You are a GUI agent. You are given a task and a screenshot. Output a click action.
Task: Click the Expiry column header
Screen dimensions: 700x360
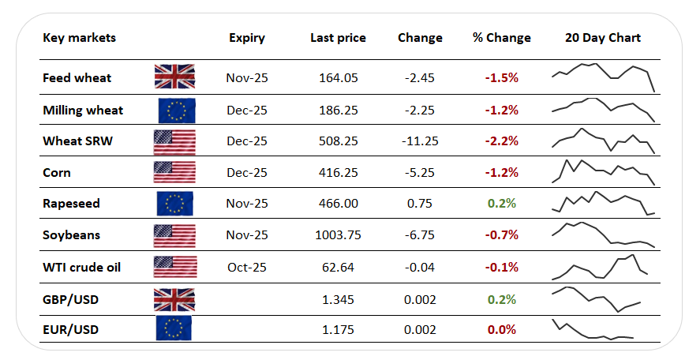247,39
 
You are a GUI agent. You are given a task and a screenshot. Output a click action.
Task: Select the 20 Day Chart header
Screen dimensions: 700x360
603,38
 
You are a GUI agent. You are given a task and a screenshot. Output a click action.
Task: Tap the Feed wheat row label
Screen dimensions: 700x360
77,77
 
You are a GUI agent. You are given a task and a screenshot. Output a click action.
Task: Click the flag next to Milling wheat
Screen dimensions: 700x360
177,111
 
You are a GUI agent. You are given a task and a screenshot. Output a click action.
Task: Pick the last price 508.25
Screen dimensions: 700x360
339,141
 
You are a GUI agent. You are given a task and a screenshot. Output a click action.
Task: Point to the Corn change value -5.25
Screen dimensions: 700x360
420,172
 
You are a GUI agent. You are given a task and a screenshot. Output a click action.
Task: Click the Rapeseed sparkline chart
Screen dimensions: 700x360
603,203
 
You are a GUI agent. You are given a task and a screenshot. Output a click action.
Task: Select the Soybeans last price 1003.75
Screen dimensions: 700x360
338,235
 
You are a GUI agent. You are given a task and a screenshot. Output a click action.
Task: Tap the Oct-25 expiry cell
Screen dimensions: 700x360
247,267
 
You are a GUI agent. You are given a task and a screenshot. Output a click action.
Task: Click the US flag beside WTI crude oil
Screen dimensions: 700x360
175,267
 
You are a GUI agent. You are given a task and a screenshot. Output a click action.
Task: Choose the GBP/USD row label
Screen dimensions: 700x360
70,299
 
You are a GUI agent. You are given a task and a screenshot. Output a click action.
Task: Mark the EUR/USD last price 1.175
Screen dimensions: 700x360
338,330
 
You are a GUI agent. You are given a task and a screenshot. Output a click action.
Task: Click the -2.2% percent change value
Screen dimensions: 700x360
502,141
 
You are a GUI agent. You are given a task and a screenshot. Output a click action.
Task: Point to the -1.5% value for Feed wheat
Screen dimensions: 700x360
502,77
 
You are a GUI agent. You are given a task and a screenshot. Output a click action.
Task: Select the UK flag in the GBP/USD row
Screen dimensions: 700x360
174,299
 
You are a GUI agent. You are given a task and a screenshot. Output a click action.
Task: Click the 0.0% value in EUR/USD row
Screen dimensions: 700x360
502,330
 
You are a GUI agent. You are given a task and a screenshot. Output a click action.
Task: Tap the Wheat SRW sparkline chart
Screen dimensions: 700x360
603,141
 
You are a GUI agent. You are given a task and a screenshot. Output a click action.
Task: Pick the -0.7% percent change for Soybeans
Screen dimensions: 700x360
502,235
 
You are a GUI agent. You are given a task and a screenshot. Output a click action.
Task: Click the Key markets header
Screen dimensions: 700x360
79,38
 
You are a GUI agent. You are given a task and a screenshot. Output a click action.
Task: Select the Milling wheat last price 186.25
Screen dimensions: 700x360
339,111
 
